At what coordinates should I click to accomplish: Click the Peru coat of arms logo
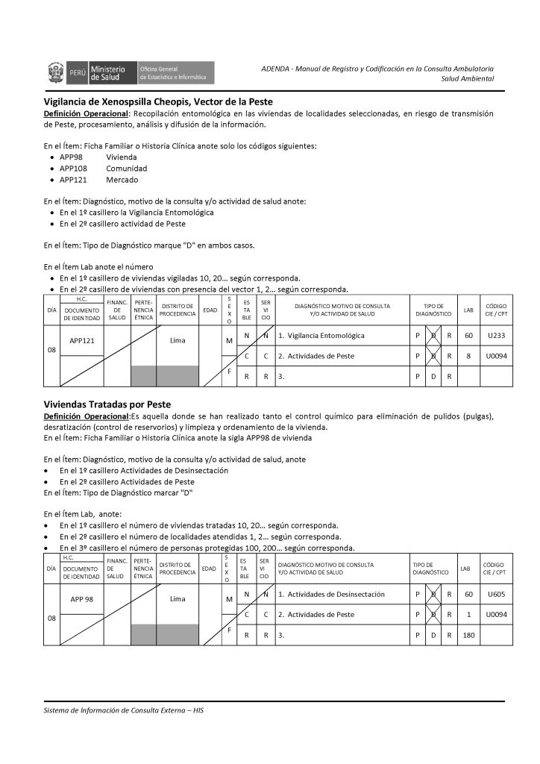tap(57, 73)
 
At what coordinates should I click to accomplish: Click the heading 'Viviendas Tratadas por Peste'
tap(107, 404)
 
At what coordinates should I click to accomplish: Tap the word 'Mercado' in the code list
tap(122, 180)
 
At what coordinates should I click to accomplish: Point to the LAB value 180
tap(468, 635)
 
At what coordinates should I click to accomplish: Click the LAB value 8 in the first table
tap(468, 356)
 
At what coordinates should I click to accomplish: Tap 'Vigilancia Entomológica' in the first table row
tap(325, 336)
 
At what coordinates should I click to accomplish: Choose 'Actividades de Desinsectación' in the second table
tap(335, 595)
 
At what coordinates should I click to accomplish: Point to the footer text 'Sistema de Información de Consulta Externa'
tap(124, 710)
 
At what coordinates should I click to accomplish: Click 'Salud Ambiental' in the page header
tap(467, 78)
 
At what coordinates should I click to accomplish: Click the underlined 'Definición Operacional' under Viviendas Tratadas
tap(86, 416)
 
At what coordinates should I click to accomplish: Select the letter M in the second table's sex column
tap(229, 599)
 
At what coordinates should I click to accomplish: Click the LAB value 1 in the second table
tap(468, 615)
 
